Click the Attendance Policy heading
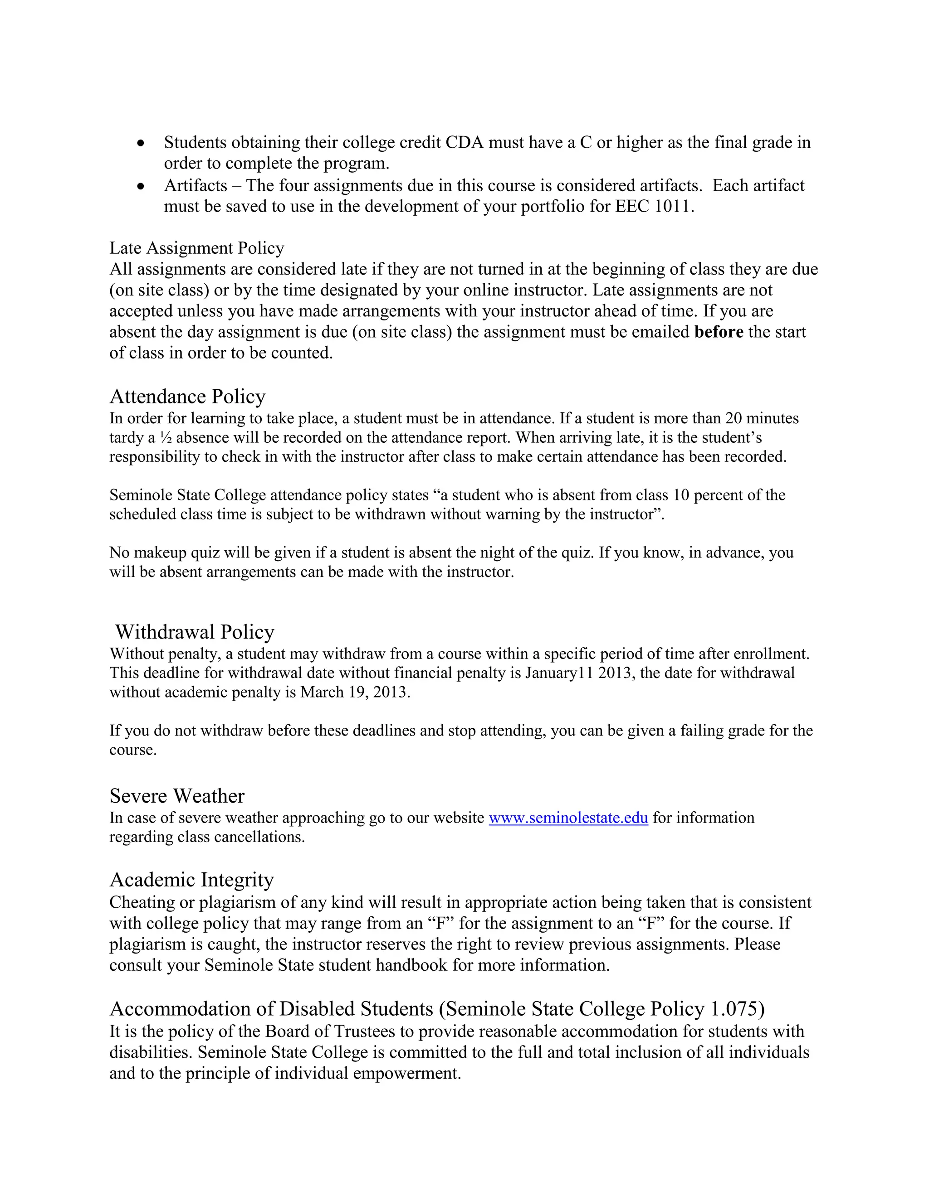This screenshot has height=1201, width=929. (187, 397)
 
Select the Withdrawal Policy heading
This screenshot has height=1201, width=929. (194, 632)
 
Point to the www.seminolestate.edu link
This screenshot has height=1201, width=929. (568, 818)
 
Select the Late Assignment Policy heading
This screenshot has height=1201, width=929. (196, 248)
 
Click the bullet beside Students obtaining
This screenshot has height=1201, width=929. (142, 143)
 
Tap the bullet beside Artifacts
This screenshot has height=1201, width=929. (142, 186)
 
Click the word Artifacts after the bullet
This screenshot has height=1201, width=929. (196, 186)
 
